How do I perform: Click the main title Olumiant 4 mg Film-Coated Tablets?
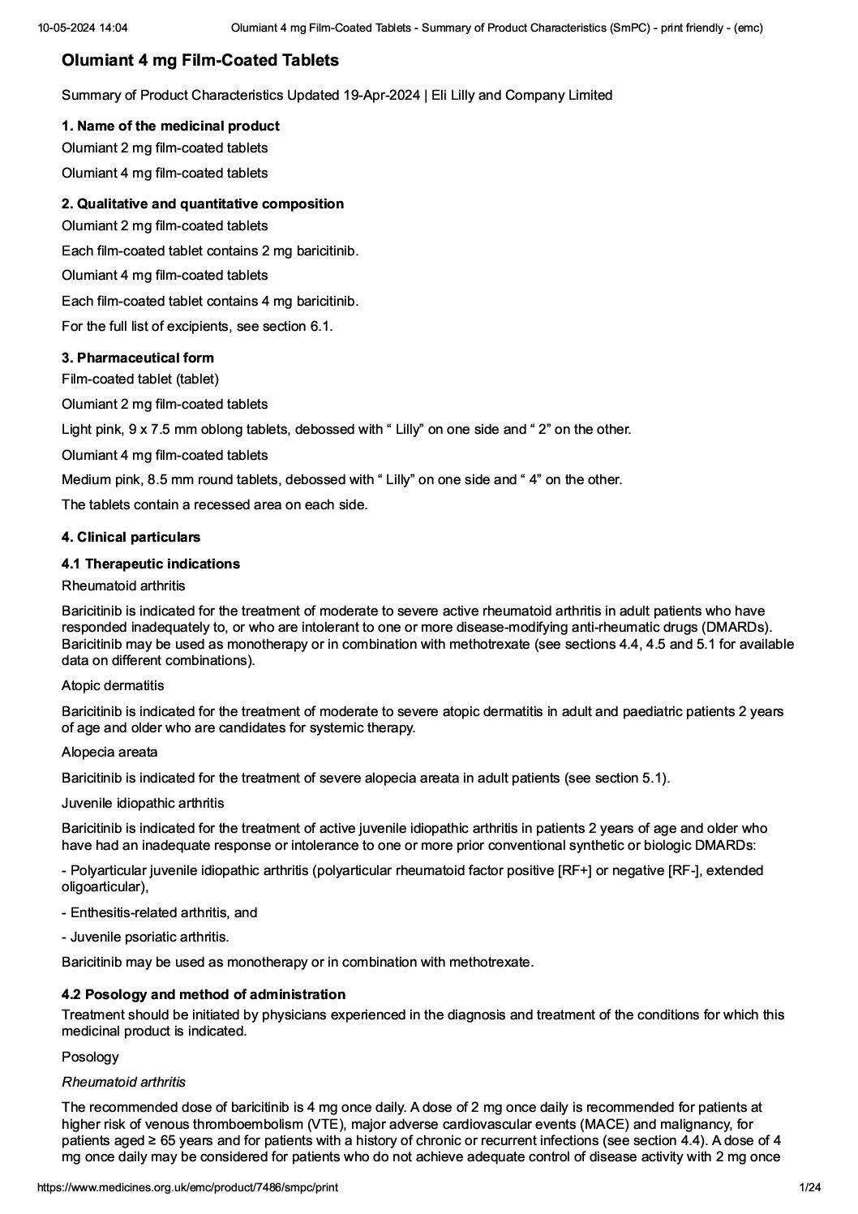(x=200, y=61)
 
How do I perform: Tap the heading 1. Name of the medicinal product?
(x=170, y=126)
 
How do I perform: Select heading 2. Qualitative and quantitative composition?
(x=203, y=204)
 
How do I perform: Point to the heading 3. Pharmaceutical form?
(x=138, y=358)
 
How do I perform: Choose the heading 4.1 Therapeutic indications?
(x=151, y=564)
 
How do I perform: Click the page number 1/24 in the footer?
(x=809, y=1188)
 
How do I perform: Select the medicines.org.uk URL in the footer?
(x=188, y=1188)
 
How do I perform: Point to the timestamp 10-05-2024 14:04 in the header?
(x=82, y=28)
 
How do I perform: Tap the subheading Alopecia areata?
(x=109, y=753)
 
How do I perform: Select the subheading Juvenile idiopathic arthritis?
(x=143, y=803)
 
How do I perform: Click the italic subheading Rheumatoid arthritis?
(x=123, y=1082)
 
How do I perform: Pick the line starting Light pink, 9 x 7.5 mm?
(x=346, y=430)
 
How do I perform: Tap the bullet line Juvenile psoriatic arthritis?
(x=145, y=937)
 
